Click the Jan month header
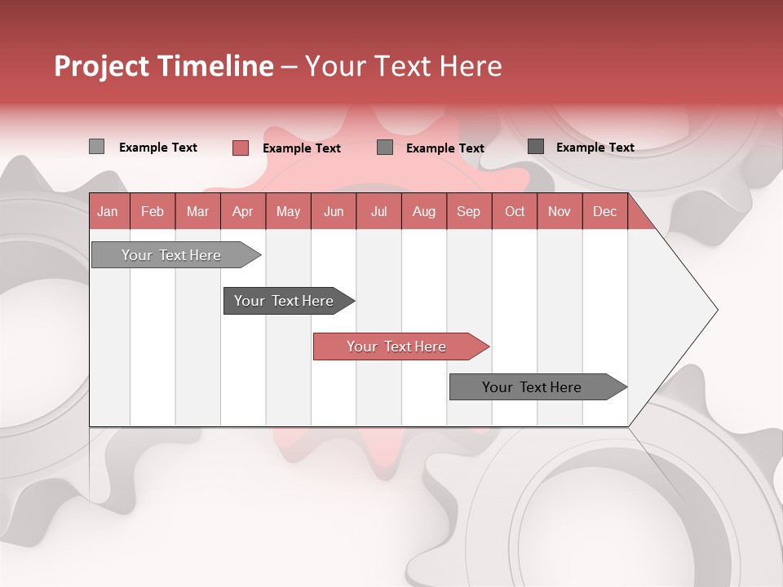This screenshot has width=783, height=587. pyautogui.click(x=108, y=211)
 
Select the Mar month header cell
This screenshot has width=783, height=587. pyautogui.click(x=197, y=211)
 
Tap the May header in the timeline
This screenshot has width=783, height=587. pyautogui.click(x=288, y=211)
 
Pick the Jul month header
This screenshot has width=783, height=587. pyautogui.click(x=378, y=211)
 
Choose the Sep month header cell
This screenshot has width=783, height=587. pyautogui.click(x=468, y=211)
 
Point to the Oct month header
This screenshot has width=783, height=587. pyautogui.click(x=515, y=211)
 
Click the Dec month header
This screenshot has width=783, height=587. pyautogui.click(x=604, y=211)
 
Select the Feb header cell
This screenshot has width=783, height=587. pyautogui.click(x=153, y=211)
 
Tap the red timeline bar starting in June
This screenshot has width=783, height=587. pyautogui.click(x=397, y=346)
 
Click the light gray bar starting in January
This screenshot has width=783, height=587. pyautogui.click(x=172, y=255)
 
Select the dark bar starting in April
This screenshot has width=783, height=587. pyautogui.click(x=285, y=301)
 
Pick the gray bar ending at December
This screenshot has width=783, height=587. pyautogui.click(x=533, y=387)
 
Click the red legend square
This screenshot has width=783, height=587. pyautogui.click(x=240, y=148)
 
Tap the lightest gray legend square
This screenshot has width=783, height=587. pyautogui.click(x=96, y=147)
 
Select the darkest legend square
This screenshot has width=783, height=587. pyautogui.click(x=536, y=147)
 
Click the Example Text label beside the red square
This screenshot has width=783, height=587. pyautogui.click(x=302, y=148)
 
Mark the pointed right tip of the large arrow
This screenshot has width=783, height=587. pyautogui.click(x=716, y=310)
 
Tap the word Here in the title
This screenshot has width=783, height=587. pyautogui.click(x=471, y=66)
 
